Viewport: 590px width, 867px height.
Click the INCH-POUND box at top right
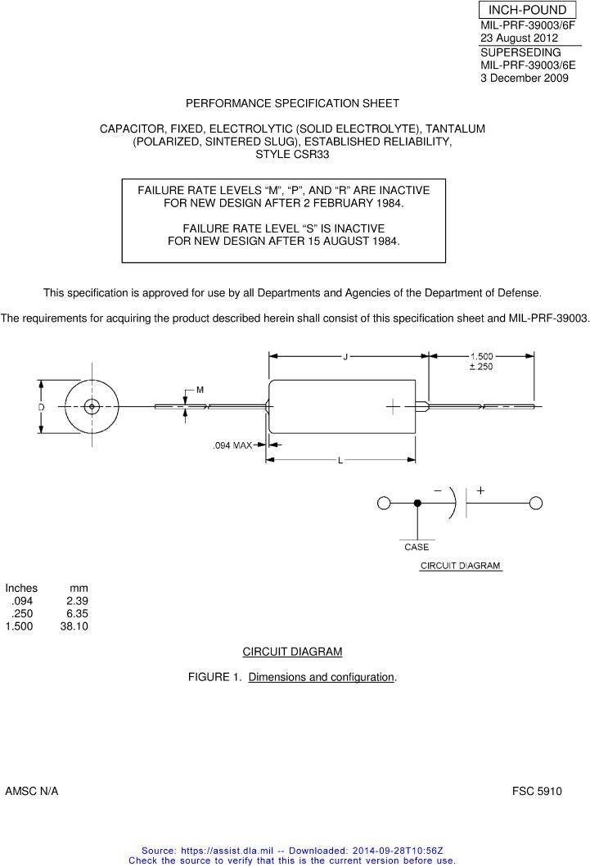pos(527,10)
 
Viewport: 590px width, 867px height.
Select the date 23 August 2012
pos(519,38)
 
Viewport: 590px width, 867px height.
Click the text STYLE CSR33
pos(292,154)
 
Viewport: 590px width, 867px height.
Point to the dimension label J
pos(345,356)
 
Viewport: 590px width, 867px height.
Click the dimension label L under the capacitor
pos(340,461)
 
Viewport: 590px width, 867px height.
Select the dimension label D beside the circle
pos(40,407)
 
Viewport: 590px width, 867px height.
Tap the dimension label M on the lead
pos(200,391)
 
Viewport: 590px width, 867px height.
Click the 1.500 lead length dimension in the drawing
pos(481,356)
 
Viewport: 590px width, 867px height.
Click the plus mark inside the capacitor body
pos(393,407)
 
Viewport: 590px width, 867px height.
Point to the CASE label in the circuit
pos(417,547)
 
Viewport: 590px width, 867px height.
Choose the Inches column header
pos(21,588)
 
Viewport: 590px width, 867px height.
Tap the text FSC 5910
pos(537,792)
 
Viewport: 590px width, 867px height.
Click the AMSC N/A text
pos(32,792)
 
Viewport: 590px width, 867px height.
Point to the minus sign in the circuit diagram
pos(438,490)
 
